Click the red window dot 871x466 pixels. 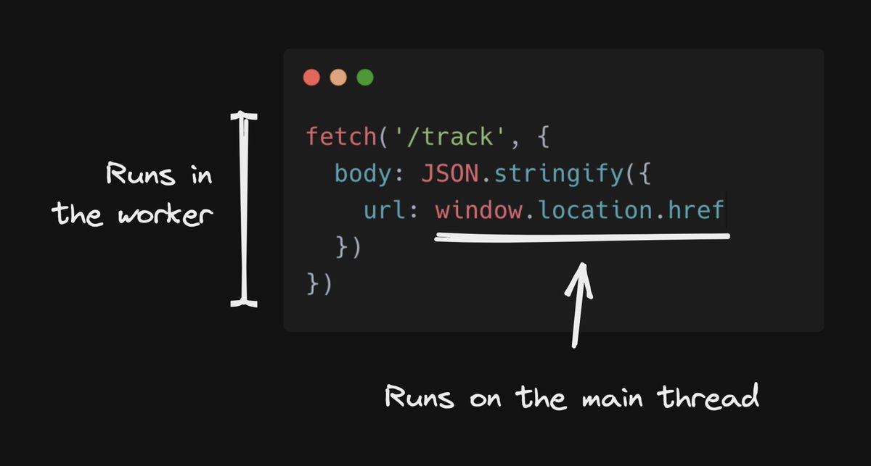coord(311,78)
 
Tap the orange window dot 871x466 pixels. coord(338,78)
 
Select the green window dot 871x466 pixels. coord(365,78)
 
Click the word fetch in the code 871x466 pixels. coord(338,136)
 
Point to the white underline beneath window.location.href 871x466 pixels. coord(581,237)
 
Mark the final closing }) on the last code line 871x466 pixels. coord(320,283)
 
